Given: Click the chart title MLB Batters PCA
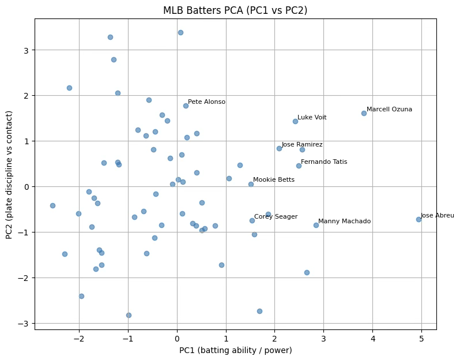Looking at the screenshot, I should coord(235,10).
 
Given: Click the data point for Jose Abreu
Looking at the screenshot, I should coord(418,219).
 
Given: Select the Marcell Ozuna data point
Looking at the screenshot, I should coord(364,113).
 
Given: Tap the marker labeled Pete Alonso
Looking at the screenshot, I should coord(186,106).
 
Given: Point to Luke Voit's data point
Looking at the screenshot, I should coord(295,121).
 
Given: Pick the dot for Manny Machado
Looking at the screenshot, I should coord(316,225).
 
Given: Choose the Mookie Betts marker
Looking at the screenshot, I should coord(251,184).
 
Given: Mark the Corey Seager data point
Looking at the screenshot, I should coord(252,220).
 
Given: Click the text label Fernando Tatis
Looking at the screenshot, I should coord(324,162).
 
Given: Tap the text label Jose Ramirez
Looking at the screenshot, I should coord(302,145).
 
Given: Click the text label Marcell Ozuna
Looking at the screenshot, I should coord(389,109).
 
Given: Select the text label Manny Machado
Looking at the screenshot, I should coord(344,221).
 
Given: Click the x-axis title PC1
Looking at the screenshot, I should coord(235,350).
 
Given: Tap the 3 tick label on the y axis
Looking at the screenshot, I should coord(26,50).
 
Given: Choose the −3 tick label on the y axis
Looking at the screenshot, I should coord(24,323).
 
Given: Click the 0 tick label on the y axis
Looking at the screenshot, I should coord(26,186).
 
